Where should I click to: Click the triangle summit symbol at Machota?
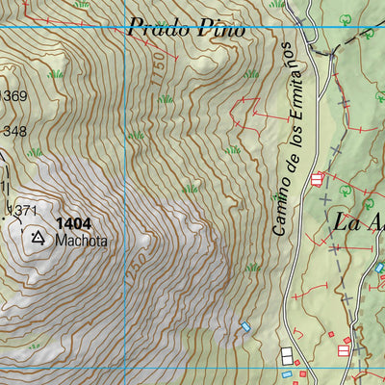[x=38, y=236]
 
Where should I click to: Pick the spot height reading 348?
[x=13, y=131]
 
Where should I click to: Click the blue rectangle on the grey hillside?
[x=246, y=327]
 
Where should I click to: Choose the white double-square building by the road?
[x=288, y=355]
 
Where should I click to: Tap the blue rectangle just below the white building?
[x=286, y=373]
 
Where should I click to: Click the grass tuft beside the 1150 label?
[x=165, y=98]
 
